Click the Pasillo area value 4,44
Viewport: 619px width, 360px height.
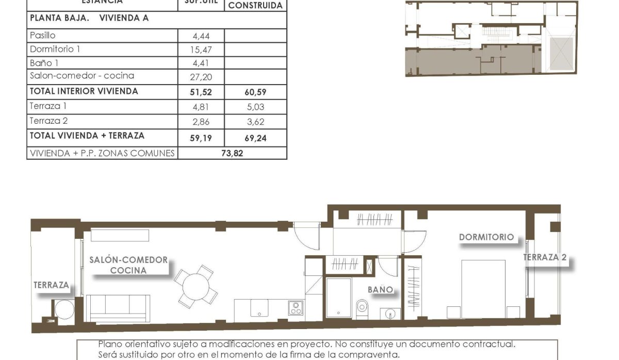pos(201,36)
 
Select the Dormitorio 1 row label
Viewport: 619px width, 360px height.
pos(55,50)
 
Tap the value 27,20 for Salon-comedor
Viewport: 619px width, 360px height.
pos(201,77)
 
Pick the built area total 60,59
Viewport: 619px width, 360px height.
pos(256,93)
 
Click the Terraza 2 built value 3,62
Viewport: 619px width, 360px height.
pos(256,123)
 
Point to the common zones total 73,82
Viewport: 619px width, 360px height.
pos(232,153)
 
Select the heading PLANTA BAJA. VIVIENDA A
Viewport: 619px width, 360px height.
pos(89,18)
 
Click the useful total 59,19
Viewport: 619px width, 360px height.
pos(201,138)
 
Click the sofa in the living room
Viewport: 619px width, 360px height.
pos(118,308)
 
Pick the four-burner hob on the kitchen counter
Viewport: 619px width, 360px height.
pos(296,308)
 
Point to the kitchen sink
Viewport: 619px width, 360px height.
pos(259,308)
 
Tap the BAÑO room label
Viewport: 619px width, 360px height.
pos(381,290)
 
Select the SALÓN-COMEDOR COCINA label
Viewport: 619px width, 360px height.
pos(128,265)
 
